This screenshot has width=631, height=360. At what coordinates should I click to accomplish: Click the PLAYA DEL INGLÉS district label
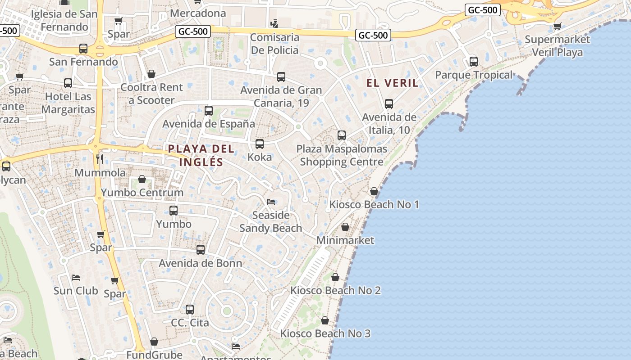[201, 155]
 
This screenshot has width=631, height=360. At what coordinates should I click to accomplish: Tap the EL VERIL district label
[392, 83]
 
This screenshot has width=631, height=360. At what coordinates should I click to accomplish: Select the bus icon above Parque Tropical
[473, 62]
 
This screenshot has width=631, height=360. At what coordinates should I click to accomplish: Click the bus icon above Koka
[260, 144]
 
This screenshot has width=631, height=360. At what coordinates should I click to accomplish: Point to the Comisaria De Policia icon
[274, 23]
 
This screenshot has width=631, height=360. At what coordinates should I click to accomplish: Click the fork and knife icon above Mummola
[100, 159]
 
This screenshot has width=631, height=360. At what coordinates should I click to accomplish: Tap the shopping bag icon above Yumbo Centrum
[142, 179]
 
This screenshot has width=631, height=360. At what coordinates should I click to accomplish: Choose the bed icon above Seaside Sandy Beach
[271, 202]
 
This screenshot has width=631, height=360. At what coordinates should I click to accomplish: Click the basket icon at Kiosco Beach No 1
[374, 191]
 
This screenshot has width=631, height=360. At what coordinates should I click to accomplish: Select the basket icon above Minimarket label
[345, 227]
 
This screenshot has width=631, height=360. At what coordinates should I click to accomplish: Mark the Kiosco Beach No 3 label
[325, 333]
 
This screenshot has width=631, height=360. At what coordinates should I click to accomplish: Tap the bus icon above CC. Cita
[190, 310]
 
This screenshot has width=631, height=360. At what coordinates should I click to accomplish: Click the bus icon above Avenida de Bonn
[201, 249]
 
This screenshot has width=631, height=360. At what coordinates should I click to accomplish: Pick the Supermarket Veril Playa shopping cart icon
[558, 26]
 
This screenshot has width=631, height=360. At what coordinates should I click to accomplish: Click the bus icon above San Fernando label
[83, 49]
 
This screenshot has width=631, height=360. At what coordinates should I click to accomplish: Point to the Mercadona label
[198, 13]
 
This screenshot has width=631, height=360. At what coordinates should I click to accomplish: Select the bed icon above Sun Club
[76, 277]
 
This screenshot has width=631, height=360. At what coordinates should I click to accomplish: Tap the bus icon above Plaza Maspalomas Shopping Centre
[342, 135]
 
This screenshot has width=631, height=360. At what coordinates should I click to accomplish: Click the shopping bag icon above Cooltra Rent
[151, 74]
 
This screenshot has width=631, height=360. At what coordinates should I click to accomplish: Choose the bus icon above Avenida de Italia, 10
[389, 104]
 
